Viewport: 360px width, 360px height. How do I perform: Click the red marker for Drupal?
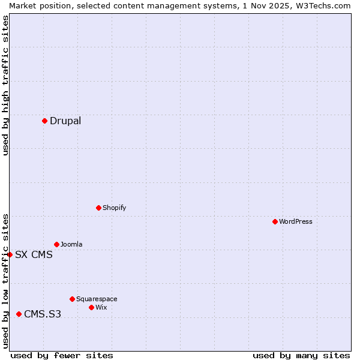pyautogui.click(x=44, y=121)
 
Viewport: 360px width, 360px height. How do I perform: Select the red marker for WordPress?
pyautogui.click(x=275, y=221)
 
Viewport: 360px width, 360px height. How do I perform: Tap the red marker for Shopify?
pyautogui.click(x=98, y=208)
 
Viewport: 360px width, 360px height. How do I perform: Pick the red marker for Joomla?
pyautogui.click(x=56, y=244)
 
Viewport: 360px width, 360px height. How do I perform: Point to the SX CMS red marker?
pyautogui.click(x=10, y=254)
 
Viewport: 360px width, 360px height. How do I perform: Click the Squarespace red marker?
pyautogui.click(x=72, y=299)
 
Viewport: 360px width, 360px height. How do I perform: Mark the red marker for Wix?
pyautogui.click(x=91, y=307)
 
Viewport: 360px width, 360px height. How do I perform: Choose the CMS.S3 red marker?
pyautogui.click(x=19, y=314)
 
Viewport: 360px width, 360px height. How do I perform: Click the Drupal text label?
pyautogui.click(x=65, y=121)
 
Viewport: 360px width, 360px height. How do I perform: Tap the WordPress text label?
pyautogui.click(x=296, y=221)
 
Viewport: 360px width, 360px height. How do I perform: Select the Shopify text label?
pyautogui.click(x=114, y=208)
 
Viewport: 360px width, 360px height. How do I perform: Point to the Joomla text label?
pyautogui.click(x=71, y=244)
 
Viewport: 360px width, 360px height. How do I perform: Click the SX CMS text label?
pyautogui.click(x=34, y=254)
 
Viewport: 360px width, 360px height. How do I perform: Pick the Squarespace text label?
pyautogui.click(x=97, y=299)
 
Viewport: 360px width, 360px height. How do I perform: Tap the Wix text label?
pyautogui.click(x=101, y=307)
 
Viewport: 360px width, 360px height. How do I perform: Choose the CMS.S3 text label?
pyautogui.click(x=43, y=314)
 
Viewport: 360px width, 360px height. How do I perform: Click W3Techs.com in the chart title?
pyautogui.click(x=326, y=5)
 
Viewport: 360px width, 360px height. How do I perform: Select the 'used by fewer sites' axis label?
pyautogui.click(x=62, y=355)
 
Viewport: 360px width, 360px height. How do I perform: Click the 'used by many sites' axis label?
pyautogui.click(x=301, y=355)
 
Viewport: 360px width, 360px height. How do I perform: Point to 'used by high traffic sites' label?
pyautogui.click(x=5, y=85)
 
